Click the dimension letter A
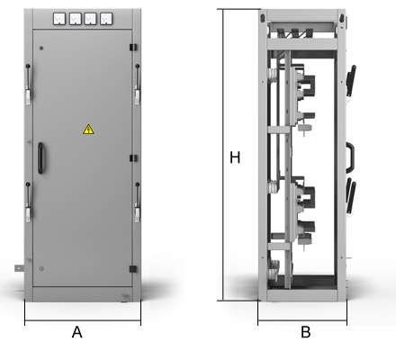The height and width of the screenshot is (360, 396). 77,332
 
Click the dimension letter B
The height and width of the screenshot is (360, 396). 306,332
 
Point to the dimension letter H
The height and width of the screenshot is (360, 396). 235,157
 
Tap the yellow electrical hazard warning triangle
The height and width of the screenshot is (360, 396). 88,130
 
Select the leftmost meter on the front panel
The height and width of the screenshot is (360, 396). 59,19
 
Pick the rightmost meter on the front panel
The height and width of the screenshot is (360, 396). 106,19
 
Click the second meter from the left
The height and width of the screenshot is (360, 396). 75,19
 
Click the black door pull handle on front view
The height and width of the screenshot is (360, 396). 40,158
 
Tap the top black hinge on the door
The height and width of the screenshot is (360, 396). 133,47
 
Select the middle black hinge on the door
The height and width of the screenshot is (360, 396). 133,158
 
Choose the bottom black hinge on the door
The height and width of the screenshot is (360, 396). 133,269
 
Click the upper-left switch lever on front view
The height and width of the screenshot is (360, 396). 28,84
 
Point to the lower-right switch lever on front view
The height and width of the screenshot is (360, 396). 138,202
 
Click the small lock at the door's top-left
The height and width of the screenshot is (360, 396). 41,48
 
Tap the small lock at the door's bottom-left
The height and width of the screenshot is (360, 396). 41,269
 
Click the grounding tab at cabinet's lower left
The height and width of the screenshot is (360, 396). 19,268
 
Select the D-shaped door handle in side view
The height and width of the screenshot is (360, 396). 351,157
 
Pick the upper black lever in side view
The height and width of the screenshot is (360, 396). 351,80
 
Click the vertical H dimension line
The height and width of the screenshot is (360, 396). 223,155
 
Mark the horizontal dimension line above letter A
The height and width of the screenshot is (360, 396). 83,320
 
